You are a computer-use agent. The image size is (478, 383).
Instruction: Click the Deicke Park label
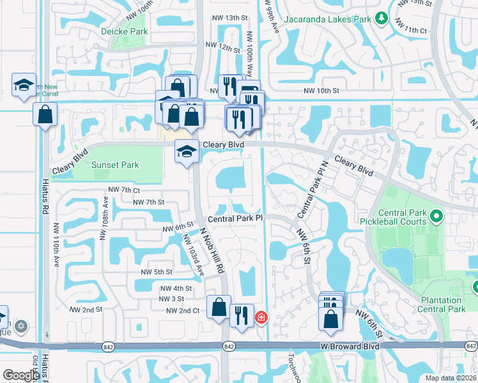click(x=124, y=31)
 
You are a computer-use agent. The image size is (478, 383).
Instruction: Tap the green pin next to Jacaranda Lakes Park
click(x=382, y=19)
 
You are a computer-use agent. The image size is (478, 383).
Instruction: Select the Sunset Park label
click(x=115, y=165)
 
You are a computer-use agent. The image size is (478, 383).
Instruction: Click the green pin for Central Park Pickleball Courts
click(x=437, y=218)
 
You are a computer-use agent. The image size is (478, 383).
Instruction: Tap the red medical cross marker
click(x=261, y=317)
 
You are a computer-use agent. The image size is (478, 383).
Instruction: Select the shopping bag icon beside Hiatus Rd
click(x=45, y=115)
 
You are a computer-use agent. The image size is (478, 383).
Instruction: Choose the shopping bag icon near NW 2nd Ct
click(x=219, y=307)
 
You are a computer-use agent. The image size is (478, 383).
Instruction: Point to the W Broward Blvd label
click(x=350, y=346)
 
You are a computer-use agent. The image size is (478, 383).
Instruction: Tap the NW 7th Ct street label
click(x=124, y=190)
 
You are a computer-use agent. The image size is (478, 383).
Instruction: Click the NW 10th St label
click(x=321, y=91)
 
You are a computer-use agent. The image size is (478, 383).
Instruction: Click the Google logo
click(x=20, y=375)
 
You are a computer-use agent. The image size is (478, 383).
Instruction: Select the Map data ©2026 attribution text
click(x=450, y=378)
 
